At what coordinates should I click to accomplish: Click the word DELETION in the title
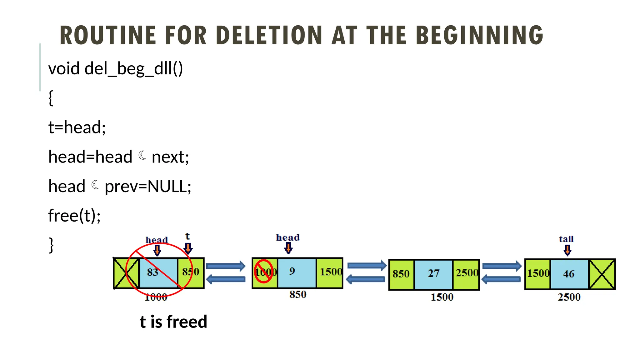[x=269, y=35]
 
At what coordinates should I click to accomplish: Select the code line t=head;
[x=77, y=127]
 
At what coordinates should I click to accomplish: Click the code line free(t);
[x=74, y=216]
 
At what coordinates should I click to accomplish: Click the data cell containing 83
[x=153, y=272]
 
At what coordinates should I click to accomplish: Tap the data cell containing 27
[x=433, y=274]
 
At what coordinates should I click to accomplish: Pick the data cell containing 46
[x=569, y=274]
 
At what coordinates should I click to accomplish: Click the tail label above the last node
[x=566, y=239]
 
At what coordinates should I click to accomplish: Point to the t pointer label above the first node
[x=187, y=237]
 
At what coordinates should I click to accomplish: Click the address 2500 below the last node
[x=569, y=297]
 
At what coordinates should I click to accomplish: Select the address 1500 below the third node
[x=442, y=297]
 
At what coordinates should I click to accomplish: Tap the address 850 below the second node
[x=297, y=294]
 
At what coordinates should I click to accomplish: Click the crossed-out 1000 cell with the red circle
[x=264, y=272]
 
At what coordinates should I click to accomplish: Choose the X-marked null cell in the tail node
[x=602, y=274]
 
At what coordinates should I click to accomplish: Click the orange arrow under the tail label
[x=567, y=250]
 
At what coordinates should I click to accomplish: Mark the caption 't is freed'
[x=173, y=322]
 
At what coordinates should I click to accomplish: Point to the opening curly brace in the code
[x=51, y=98]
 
